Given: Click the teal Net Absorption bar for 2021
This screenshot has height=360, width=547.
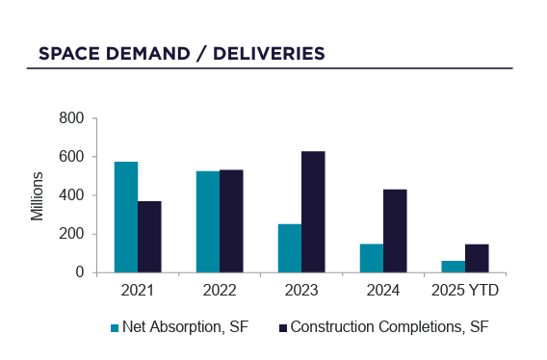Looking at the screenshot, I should coord(125,218).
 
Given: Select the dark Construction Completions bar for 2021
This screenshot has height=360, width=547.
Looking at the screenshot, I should coord(149,237).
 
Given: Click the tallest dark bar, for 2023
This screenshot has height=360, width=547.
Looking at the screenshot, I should coord(313,212).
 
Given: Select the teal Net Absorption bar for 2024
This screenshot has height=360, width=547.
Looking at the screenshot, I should coord(371,258).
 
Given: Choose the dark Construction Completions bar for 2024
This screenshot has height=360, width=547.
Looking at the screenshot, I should coord(395,231).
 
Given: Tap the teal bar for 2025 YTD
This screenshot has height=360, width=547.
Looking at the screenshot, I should coord(453,267).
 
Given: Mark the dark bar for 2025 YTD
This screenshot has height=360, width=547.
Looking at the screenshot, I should coord(477,258).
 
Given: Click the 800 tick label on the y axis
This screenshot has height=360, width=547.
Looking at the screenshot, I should coord(72,118).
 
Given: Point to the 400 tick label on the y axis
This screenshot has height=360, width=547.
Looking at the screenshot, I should coord(72,195).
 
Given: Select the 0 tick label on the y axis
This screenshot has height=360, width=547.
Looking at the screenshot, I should coord(80,272).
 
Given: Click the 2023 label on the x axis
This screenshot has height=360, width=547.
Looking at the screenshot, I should coord(301,290).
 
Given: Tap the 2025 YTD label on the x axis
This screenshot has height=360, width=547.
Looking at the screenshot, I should coord(465,290).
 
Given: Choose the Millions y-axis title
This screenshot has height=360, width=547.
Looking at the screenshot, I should coord(38,195).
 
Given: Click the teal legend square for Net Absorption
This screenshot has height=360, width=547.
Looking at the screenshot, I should coord(115,327).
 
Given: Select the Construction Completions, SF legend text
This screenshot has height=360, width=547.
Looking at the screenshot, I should coord(389,327).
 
